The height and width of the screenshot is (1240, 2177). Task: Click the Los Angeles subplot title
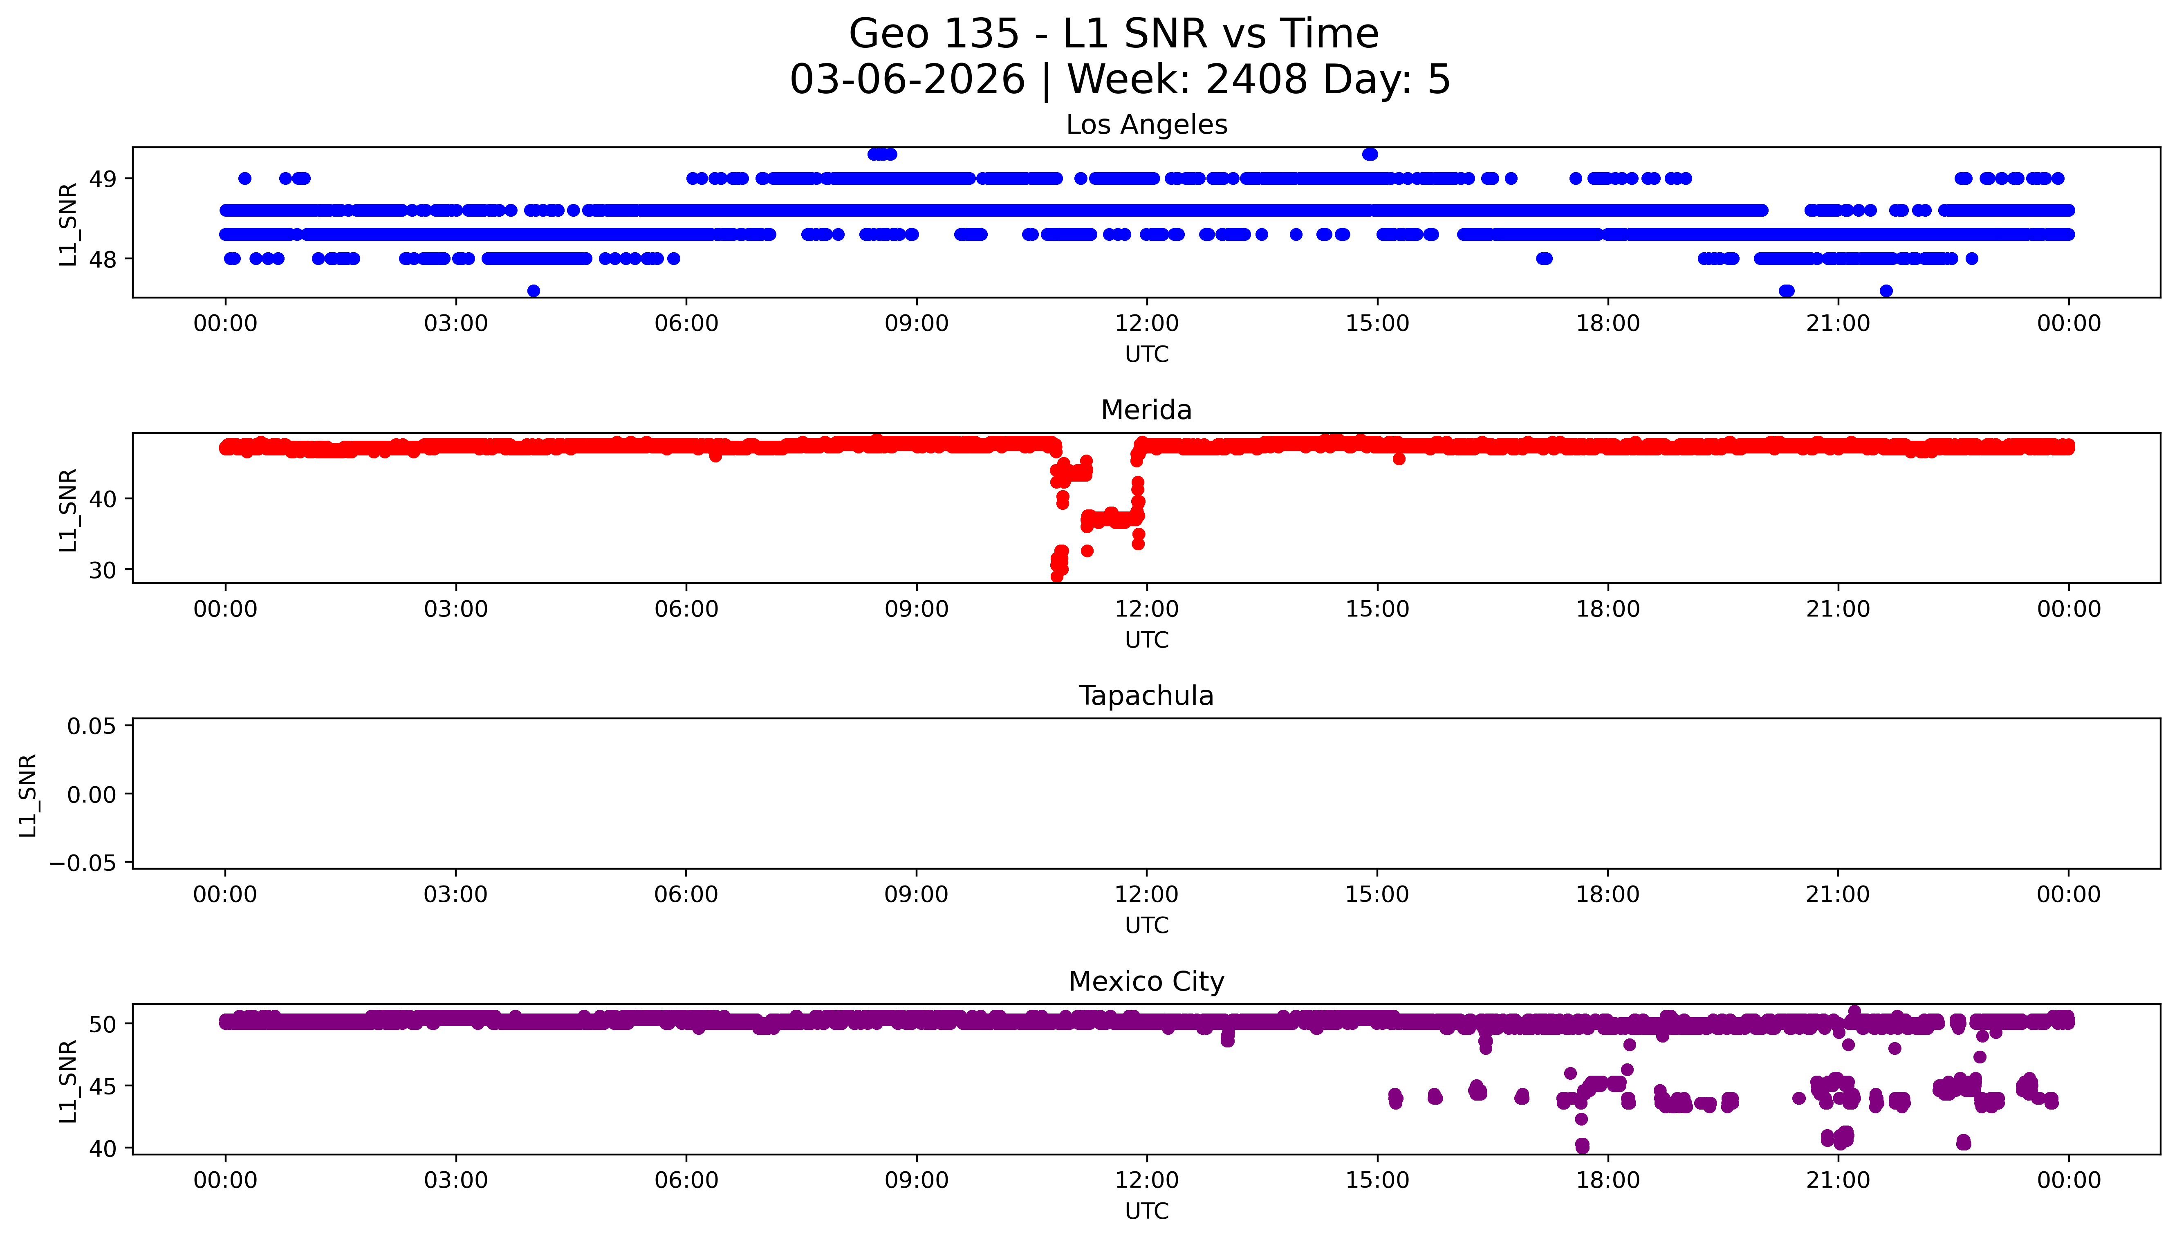(x=1146, y=125)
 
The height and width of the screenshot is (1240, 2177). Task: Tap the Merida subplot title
(x=1146, y=410)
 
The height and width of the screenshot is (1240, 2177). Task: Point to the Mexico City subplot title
(x=1146, y=982)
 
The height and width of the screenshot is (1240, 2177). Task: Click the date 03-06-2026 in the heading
(x=907, y=80)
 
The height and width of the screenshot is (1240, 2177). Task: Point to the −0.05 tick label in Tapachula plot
(x=83, y=863)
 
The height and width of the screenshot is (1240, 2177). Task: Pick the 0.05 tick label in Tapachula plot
(x=92, y=727)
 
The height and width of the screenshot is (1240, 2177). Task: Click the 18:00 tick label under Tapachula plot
(x=1608, y=895)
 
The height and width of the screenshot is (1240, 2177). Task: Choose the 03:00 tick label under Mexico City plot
(x=455, y=1180)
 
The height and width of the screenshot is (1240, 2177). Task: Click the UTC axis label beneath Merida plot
(x=1146, y=640)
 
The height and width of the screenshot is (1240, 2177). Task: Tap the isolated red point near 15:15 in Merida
(x=1399, y=459)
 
